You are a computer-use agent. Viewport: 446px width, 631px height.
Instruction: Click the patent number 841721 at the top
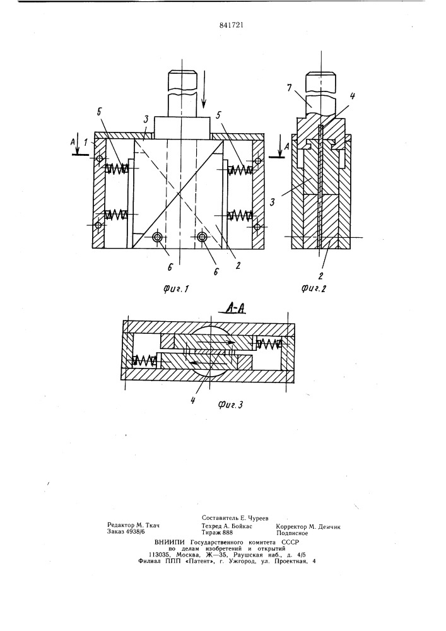[232, 25]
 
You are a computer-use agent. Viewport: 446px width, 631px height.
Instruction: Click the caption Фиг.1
[176, 288]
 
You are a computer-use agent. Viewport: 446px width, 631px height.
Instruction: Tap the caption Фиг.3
[230, 405]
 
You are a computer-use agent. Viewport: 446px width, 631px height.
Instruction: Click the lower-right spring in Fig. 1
[240, 215]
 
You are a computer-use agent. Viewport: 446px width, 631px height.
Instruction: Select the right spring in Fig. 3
[268, 343]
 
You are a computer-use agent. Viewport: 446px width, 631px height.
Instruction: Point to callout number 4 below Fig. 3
[193, 400]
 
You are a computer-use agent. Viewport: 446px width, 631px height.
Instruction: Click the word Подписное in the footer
[292, 533]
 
